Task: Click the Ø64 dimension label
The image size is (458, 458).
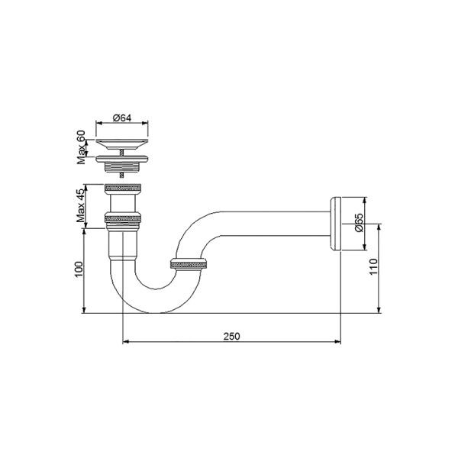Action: pyautogui.click(x=123, y=118)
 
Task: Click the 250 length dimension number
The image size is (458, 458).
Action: pyautogui.click(x=231, y=336)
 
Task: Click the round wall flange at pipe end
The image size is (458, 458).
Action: pyautogui.click(x=336, y=223)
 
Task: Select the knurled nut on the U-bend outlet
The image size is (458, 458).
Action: pyautogui.click(x=188, y=265)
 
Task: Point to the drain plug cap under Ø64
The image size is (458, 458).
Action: pyautogui.click(x=123, y=143)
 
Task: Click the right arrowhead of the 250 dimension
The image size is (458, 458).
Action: pyautogui.click(x=337, y=341)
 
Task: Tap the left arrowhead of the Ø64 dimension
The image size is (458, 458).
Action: pyautogui.click(x=97, y=124)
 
